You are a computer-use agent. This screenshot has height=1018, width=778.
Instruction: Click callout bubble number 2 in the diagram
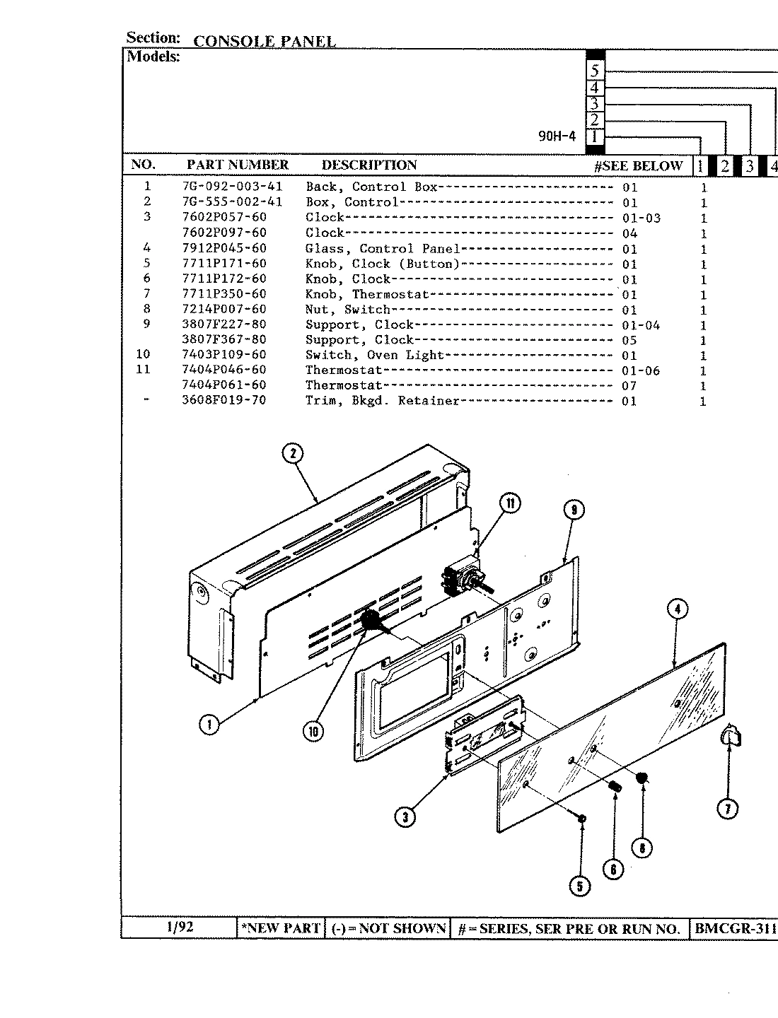click(x=293, y=453)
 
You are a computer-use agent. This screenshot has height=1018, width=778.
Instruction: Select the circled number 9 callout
click(x=574, y=510)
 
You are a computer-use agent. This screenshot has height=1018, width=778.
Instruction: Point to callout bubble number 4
click(x=677, y=609)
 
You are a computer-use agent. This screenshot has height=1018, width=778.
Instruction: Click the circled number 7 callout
click(x=728, y=808)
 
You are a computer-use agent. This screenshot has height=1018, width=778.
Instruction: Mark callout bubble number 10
click(x=313, y=732)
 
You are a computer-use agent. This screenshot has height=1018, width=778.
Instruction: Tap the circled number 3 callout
click(x=405, y=817)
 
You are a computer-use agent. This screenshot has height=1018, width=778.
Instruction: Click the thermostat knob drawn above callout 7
click(x=731, y=737)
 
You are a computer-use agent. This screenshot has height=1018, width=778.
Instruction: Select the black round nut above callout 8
click(x=642, y=779)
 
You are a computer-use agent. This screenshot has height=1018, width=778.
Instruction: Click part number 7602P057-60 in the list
click(x=224, y=217)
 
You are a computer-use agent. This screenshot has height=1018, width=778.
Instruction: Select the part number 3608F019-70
click(x=224, y=401)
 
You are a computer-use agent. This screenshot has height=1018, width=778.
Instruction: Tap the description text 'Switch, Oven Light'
click(x=374, y=355)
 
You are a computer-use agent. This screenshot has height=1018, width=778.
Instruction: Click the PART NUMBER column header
click(x=237, y=165)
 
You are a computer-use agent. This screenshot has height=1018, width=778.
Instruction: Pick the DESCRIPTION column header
click(x=368, y=165)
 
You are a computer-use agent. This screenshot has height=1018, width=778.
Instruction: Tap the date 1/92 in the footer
click(x=179, y=928)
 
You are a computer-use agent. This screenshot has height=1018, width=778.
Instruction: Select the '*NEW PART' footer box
click(x=281, y=928)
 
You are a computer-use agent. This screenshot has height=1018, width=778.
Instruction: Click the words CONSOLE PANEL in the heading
click(x=264, y=41)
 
